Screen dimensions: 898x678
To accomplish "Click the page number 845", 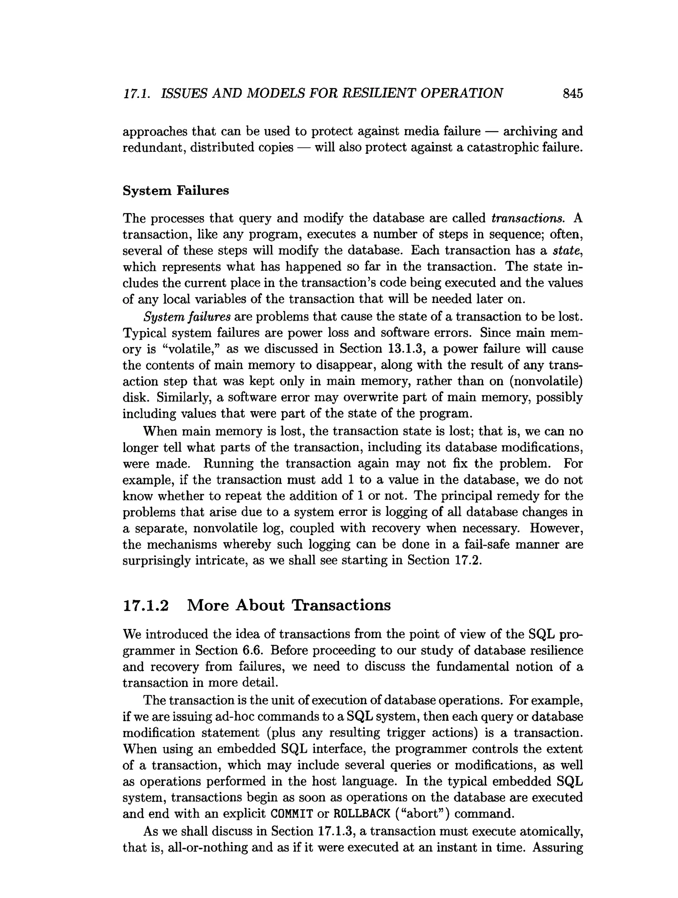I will coord(572,94).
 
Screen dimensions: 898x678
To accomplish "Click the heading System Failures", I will coord(176,190).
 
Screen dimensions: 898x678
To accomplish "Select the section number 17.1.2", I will coord(145,605).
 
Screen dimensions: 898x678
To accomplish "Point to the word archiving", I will coord(529,131).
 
